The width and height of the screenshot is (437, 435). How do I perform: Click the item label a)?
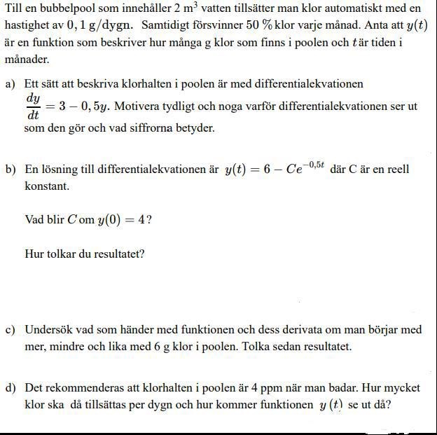pos(11,84)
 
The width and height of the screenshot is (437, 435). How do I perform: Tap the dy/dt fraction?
pos(33,106)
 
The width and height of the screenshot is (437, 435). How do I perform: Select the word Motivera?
pos(137,106)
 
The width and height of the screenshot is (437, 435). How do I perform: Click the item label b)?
pos(11,170)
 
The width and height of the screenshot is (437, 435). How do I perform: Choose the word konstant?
pos(46,186)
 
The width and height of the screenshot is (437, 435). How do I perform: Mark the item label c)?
pos(11,330)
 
